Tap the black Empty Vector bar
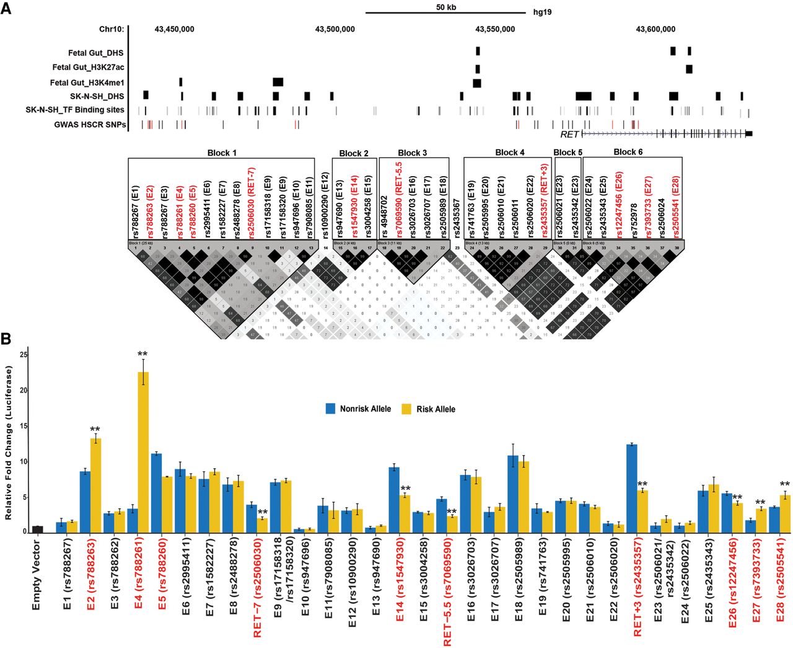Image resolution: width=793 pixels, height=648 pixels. (38, 529)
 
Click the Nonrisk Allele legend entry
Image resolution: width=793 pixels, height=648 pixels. (359, 409)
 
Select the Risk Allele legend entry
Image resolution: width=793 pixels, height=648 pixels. (429, 409)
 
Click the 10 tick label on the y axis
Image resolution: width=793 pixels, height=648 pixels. (24, 461)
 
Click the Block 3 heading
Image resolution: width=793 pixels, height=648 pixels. (412, 153)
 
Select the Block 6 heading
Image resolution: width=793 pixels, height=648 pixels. (628, 152)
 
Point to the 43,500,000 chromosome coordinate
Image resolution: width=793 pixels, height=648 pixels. (335, 29)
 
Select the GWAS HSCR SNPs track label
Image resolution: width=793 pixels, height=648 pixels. (90, 125)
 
